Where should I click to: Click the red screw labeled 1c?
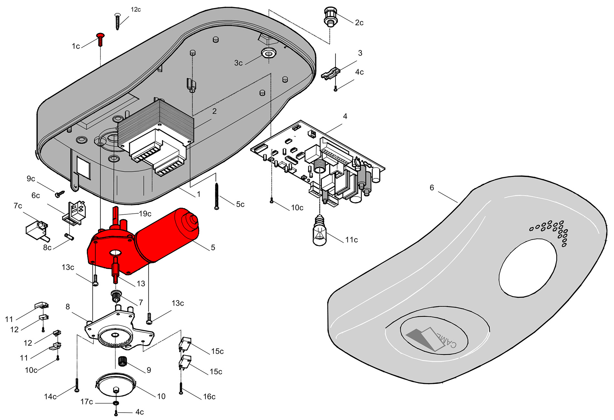pyautogui.click(x=101, y=39)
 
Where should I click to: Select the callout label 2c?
pyautogui.click(x=359, y=23)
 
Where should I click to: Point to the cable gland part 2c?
pyautogui.click(x=330, y=18)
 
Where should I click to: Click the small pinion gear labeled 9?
pyautogui.click(x=122, y=361)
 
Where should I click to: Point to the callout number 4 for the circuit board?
pyautogui.click(x=345, y=116)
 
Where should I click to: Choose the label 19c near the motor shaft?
pyautogui.click(x=145, y=214)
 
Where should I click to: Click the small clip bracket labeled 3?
pyautogui.click(x=331, y=73)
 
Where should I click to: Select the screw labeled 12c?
pyautogui.click(x=118, y=21)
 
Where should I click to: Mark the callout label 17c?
pyautogui.click(x=87, y=402)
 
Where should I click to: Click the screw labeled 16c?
pyautogui.click(x=181, y=387)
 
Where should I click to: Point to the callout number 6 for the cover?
pyautogui.click(x=432, y=188)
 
